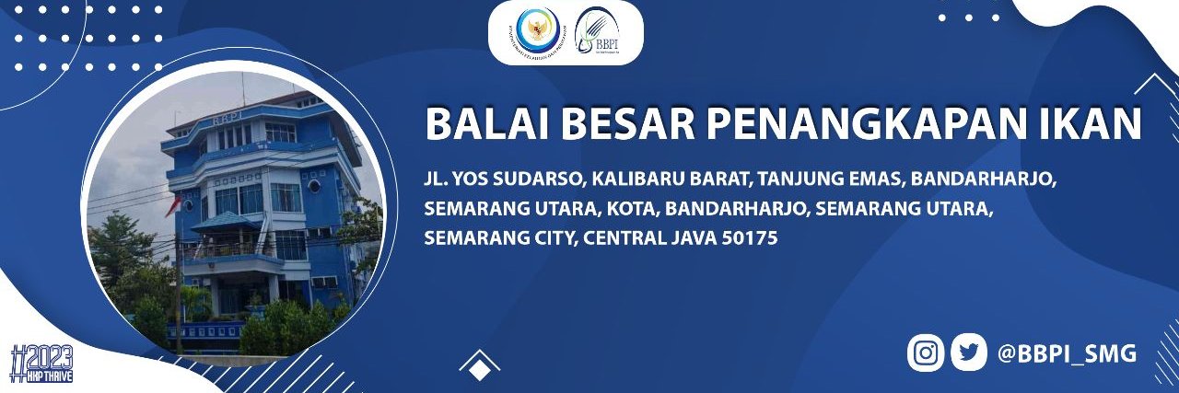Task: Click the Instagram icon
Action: click(x=926, y=353)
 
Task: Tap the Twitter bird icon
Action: click(x=968, y=353)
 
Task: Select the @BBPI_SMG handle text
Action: click(x=1068, y=353)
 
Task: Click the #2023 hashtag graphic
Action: click(x=41, y=362)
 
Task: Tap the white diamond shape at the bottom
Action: click(x=480, y=371)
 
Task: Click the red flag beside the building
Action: click(x=172, y=204)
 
